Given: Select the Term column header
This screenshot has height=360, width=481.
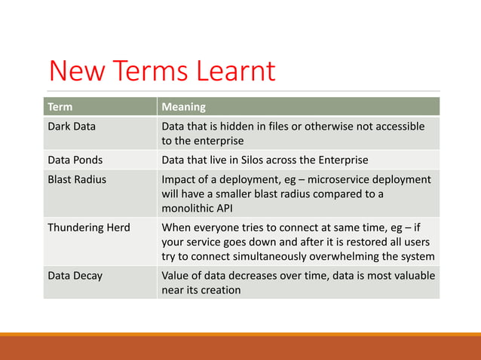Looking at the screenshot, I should pos(60,107).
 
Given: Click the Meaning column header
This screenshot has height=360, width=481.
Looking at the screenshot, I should pos(184,107).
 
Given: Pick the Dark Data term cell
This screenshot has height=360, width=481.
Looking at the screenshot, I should pos(72,127).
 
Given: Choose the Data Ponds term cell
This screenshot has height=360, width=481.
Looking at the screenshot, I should pos(74,160).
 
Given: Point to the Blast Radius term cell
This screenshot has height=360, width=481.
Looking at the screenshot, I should pos(77,179).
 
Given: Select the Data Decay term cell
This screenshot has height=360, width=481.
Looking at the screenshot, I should pos(75,276).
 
